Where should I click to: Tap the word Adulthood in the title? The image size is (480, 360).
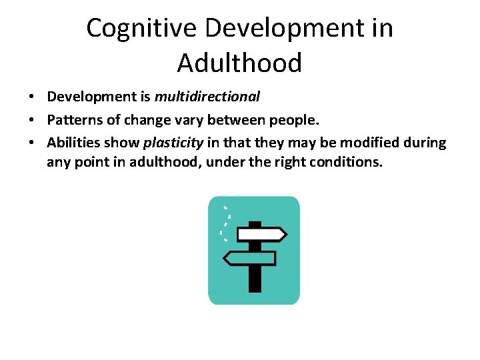[240, 63]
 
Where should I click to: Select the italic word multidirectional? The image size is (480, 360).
[207, 97]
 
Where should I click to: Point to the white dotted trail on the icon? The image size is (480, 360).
[227, 220]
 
